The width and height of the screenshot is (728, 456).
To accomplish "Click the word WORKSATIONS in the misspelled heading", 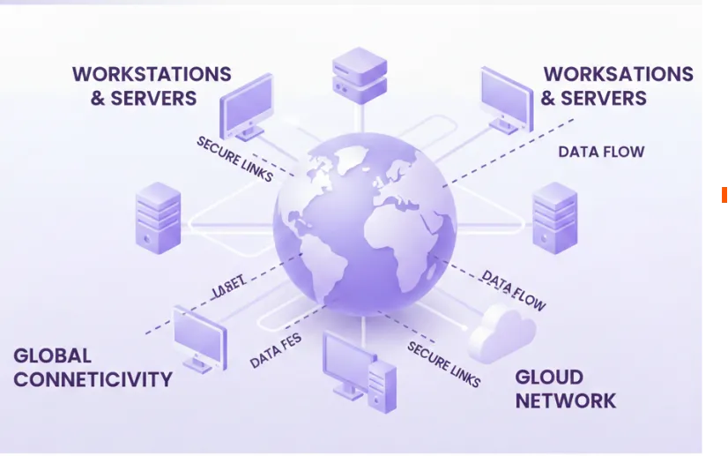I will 618,74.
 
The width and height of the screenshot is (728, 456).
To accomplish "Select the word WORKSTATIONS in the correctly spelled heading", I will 152,74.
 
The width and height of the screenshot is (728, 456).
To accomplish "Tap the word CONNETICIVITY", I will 93,380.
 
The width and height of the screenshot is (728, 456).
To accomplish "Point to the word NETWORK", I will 565,400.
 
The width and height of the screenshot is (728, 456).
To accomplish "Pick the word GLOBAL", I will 53,356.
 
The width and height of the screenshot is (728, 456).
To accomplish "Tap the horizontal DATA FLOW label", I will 601,152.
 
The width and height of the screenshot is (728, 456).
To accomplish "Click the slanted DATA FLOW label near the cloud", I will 513,290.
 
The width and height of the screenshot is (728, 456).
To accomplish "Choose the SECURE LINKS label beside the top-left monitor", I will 234,159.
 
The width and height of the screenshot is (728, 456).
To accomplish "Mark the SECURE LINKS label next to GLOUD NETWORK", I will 443,363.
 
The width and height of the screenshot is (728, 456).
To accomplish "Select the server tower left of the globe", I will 158,218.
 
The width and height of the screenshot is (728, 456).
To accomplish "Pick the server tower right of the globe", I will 555,217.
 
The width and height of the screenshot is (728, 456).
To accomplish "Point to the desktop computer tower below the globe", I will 382,385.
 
